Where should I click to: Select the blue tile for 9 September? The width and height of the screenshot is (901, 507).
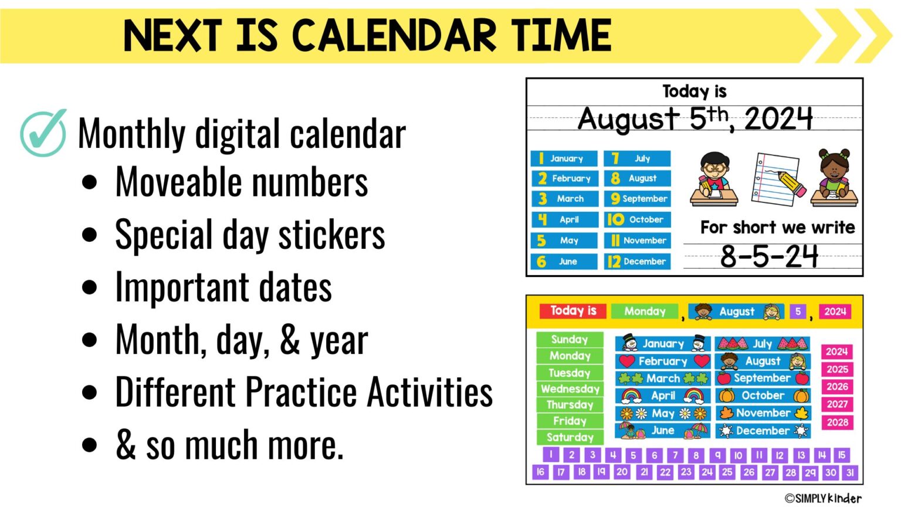[638, 199]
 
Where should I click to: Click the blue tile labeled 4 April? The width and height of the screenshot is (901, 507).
[564, 219]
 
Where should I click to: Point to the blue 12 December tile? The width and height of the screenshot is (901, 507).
[638, 262]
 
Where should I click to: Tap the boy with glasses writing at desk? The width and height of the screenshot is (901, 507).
[713, 179]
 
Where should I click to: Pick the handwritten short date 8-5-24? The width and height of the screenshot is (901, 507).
[769, 256]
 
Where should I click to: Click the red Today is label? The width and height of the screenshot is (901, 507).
[573, 311]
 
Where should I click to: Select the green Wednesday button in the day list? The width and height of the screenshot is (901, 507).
[570, 388]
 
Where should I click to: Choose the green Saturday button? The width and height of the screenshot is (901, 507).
[570, 437]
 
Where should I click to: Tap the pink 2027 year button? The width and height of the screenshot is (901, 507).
[837, 404]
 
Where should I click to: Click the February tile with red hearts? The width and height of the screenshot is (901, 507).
[663, 361]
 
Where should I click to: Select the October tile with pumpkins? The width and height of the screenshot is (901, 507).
[763, 396]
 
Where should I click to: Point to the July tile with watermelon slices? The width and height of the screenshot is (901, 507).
[763, 344]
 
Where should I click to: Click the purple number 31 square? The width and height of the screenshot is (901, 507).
[850, 472]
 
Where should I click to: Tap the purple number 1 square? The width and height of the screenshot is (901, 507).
[551, 454]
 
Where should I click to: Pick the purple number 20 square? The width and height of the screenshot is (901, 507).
[622, 472]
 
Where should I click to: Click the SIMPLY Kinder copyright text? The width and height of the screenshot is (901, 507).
[824, 498]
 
